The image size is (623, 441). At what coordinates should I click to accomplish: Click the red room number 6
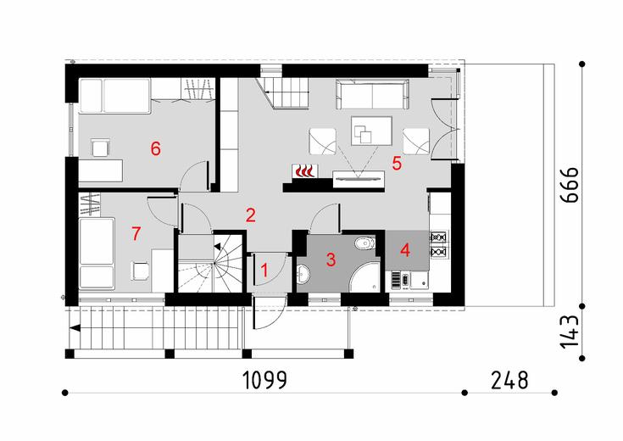click(155, 148)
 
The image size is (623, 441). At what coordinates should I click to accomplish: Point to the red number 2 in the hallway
click(250, 214)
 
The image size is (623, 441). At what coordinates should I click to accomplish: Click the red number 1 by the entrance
click(264, 271)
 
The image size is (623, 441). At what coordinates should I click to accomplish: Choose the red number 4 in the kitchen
click(405, 250)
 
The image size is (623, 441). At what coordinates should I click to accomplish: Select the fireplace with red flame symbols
click(303, 171)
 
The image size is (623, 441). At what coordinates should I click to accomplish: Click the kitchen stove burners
click(439, 243)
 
